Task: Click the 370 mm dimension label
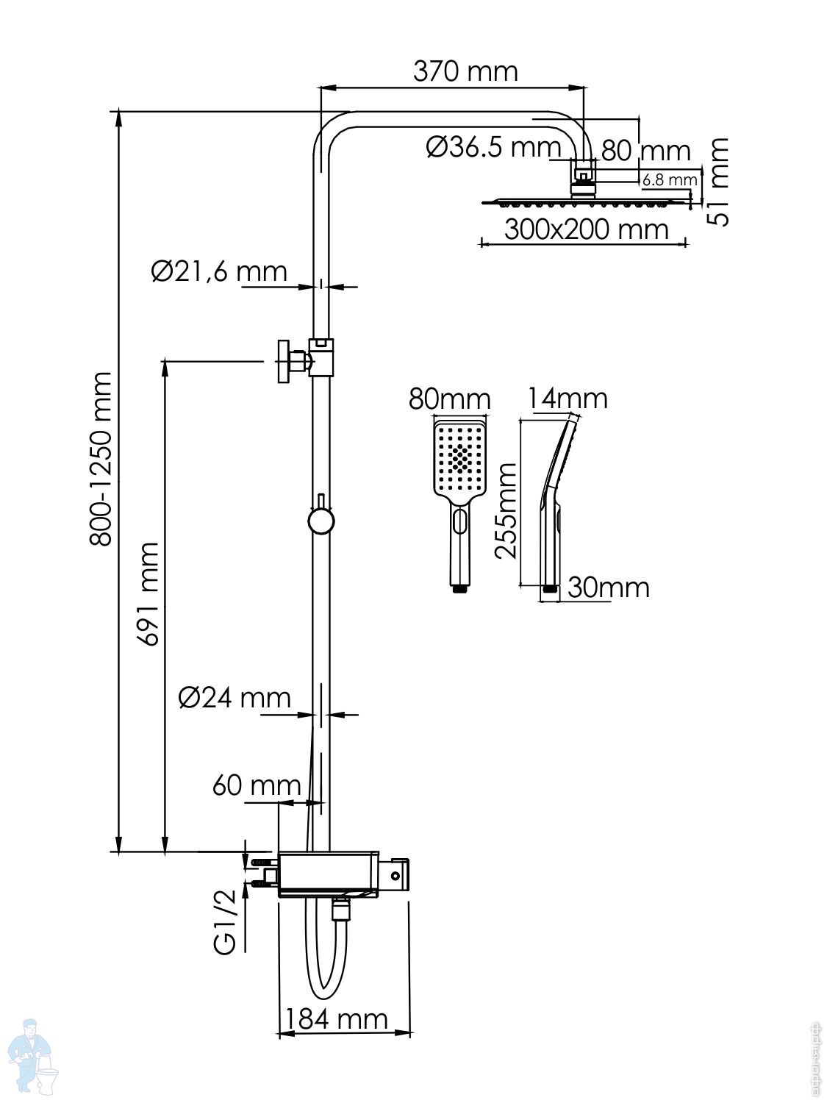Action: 465,71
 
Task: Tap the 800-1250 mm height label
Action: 100,459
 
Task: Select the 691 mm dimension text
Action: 148,594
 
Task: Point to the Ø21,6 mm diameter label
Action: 219,271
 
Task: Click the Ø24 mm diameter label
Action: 235,696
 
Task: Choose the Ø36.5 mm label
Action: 493,148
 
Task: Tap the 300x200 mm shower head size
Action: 586,229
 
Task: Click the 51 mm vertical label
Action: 720,181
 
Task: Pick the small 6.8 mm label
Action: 668,179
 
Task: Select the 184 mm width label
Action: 336,1018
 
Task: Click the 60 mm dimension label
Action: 257,785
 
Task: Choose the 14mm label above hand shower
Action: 568,398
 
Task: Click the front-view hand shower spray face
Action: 460,458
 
